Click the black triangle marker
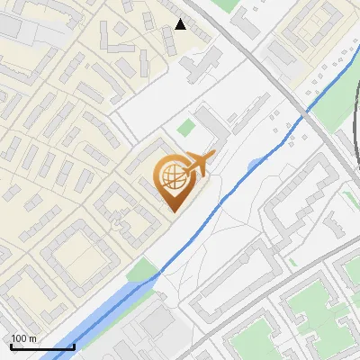pos(181,24)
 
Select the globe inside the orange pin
pos(172,175)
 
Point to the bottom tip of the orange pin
pos(172,211)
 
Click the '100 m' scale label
pos(24,338)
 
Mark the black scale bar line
pos(42,346)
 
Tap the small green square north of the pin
pos(186,129)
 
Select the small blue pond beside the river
pos(256,164)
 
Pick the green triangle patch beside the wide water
pos(142,269)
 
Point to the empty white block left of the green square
pos(148,112)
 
